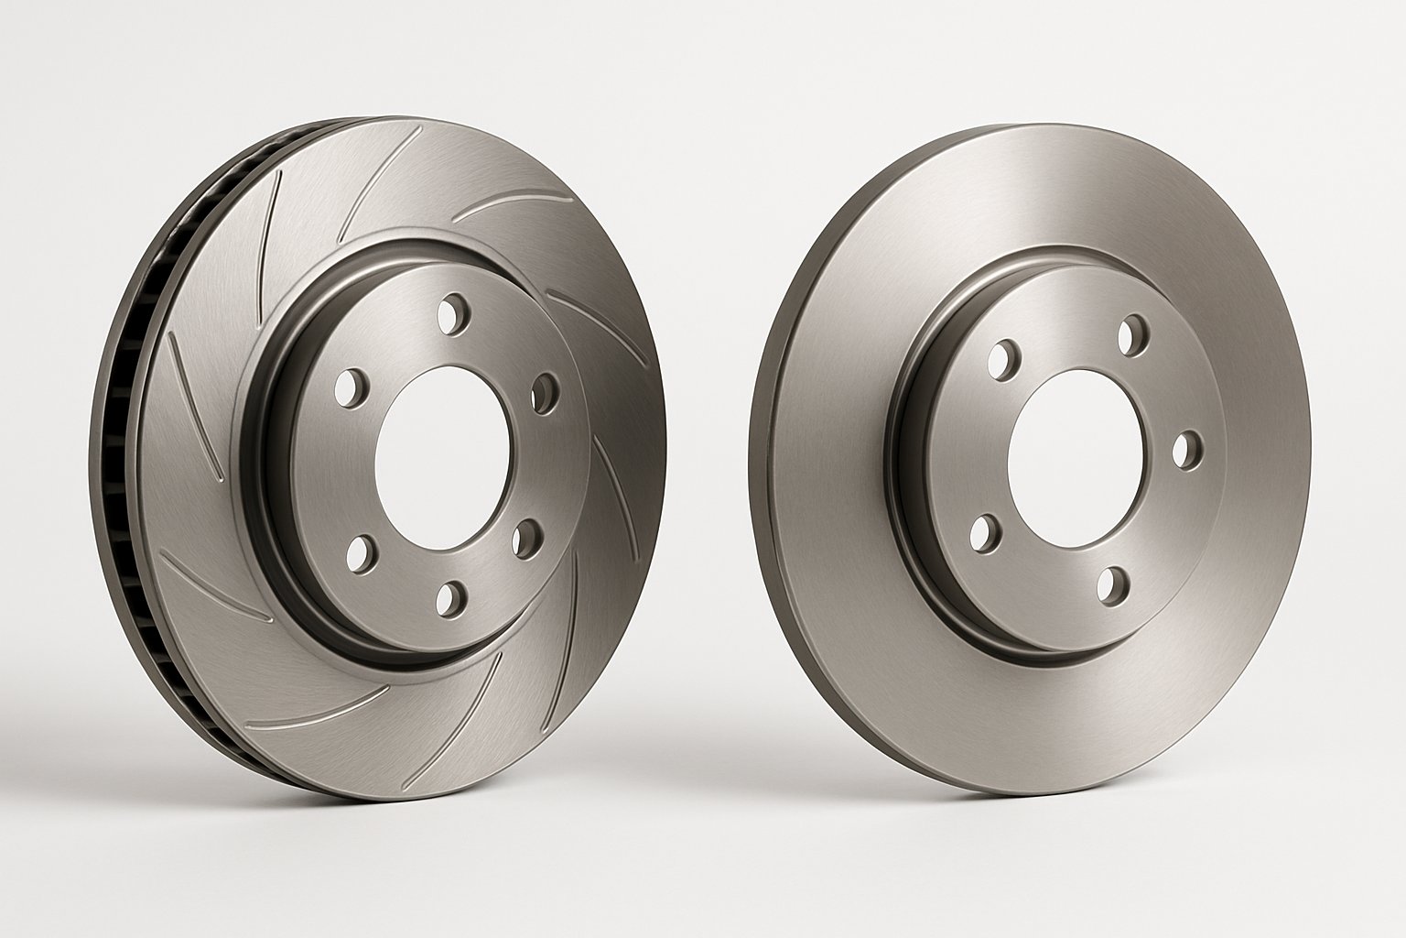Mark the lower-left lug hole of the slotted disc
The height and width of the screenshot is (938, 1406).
click(362, 551)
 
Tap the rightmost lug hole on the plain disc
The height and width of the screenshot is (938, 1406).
click(1185, 449)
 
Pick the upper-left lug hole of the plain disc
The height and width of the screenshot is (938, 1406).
click(1005, 360)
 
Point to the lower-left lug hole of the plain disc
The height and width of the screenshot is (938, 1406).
click(983, 532)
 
